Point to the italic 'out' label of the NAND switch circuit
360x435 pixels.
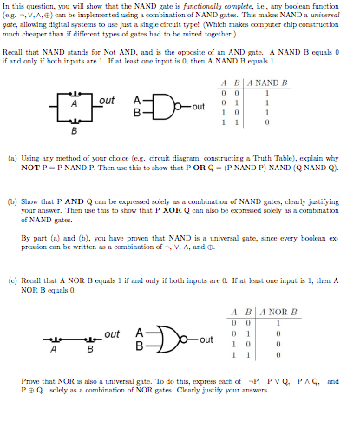pyautogui.click(x=107, y=102)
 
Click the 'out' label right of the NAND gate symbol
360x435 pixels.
pyautogui.click(x=199, y=107)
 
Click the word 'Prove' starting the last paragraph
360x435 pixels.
pyautogui.click(x=31, y=381)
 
